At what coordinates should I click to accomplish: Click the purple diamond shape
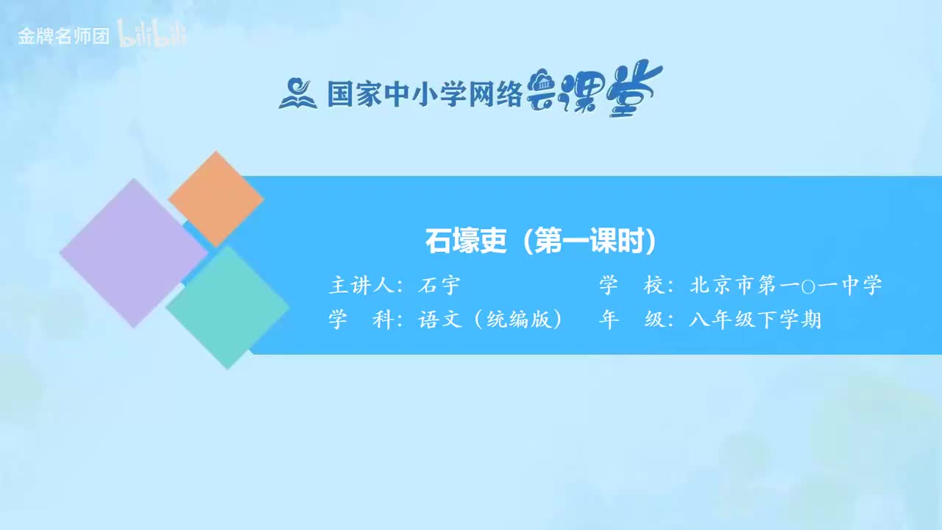(134, 252)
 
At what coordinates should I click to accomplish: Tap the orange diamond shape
(216, 199)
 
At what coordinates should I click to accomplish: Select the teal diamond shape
(227, 307)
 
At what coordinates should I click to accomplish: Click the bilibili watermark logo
(152, 35)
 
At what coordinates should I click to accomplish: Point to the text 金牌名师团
(63, 36)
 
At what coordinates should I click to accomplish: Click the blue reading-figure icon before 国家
(297, 93)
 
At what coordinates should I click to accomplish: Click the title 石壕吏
(466, 241)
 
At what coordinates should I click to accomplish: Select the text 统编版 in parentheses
(519, 320)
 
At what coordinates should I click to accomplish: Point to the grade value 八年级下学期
(755, 320)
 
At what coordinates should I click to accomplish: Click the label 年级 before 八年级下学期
(631, 320)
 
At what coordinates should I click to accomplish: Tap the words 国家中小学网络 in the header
(425, 94)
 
